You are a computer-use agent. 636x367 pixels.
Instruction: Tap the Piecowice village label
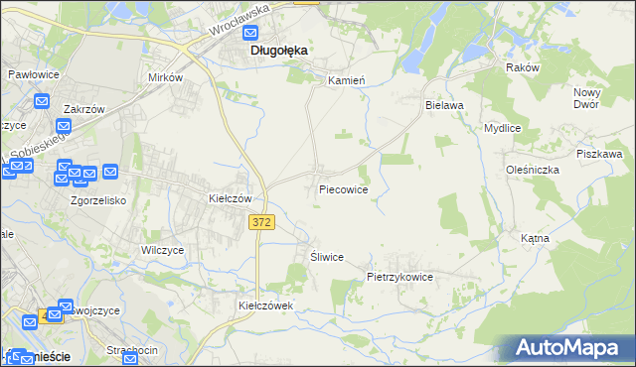click(344, 188)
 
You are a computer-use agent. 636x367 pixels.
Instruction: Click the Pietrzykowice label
click(400, 278)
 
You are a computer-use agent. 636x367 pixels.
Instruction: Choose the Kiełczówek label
click(266, 306)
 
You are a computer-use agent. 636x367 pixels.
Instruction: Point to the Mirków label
click(165, 77)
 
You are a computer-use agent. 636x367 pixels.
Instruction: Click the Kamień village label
click(349, 78)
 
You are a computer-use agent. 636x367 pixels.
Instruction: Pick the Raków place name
click(522, 67)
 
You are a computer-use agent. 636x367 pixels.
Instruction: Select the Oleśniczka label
click(532, 170)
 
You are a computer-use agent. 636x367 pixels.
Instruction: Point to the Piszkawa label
click(599, 155)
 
